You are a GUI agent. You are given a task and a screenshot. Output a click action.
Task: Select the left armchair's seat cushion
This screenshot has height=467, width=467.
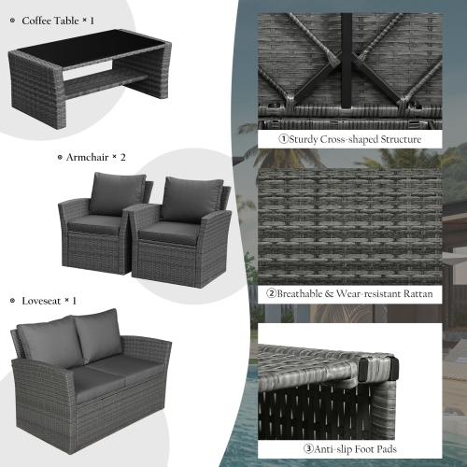(x=98, y=225)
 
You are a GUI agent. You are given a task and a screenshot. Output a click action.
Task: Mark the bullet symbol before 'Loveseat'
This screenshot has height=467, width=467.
(x=12, y=301)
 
